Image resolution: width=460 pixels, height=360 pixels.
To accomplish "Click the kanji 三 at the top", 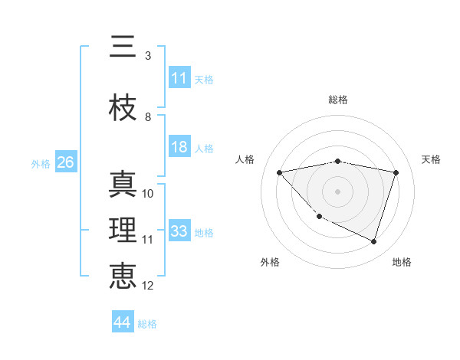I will (x=123, y=47).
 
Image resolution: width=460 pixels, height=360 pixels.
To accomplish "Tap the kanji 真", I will (x=123, y=186).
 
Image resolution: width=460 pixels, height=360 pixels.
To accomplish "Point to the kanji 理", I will (x=123, y=231).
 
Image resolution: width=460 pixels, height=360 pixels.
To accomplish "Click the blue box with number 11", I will (x=179, y=78).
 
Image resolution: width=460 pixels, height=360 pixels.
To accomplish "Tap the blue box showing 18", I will (x=179, y=147).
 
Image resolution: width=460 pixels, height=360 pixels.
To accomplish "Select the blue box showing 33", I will (x=179, y=231).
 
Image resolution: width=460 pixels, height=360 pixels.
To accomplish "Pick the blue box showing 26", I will (x=65, y=162).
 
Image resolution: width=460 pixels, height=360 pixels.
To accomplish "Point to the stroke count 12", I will (x=148, y=286).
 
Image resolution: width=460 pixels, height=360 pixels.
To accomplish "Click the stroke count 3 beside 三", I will (x=148, y=56).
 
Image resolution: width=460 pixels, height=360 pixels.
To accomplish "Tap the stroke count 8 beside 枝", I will (x=148, y=117).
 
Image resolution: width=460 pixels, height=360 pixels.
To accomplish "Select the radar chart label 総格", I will (x=337, y=100).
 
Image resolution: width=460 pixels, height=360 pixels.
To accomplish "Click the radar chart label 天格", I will (x=431, y=159).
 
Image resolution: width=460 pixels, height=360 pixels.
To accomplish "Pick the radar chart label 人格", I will (x=245, y=159).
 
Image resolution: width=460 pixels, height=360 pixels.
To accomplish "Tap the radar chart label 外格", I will (x=269, y=262).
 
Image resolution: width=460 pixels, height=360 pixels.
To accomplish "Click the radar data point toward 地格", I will (x=373, y=242).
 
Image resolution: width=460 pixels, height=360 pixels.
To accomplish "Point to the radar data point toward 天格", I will (x=396, y=172).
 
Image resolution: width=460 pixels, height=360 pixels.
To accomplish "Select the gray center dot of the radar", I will (x=337, y=191).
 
